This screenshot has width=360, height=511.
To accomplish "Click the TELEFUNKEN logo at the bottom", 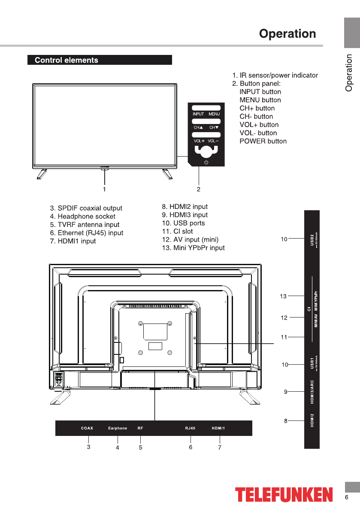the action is click(284, 494).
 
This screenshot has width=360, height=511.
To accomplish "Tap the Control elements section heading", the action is click(67, 60).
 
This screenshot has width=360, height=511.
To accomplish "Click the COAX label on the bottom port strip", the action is click(87, 428).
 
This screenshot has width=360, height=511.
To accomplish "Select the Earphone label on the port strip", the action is click(118, 428).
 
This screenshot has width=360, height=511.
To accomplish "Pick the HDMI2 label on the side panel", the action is click(312, 420).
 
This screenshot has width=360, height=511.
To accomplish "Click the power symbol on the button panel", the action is click(206, 162).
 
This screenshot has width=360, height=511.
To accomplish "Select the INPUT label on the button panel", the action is click(198, 114).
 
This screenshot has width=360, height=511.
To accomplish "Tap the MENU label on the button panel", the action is click(214, 114).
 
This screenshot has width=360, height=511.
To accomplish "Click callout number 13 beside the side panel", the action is click(283, 296).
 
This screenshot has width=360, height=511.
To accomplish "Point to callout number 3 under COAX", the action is click(88, 447).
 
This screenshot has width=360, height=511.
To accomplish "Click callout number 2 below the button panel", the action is click(199, 188).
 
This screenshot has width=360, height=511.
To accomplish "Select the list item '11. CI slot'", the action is click(177, 231).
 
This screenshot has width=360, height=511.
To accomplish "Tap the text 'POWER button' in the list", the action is click(263, 141).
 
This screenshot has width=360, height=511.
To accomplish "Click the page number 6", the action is click(346, 497).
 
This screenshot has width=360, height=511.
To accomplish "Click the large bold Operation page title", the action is click(287, 34).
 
